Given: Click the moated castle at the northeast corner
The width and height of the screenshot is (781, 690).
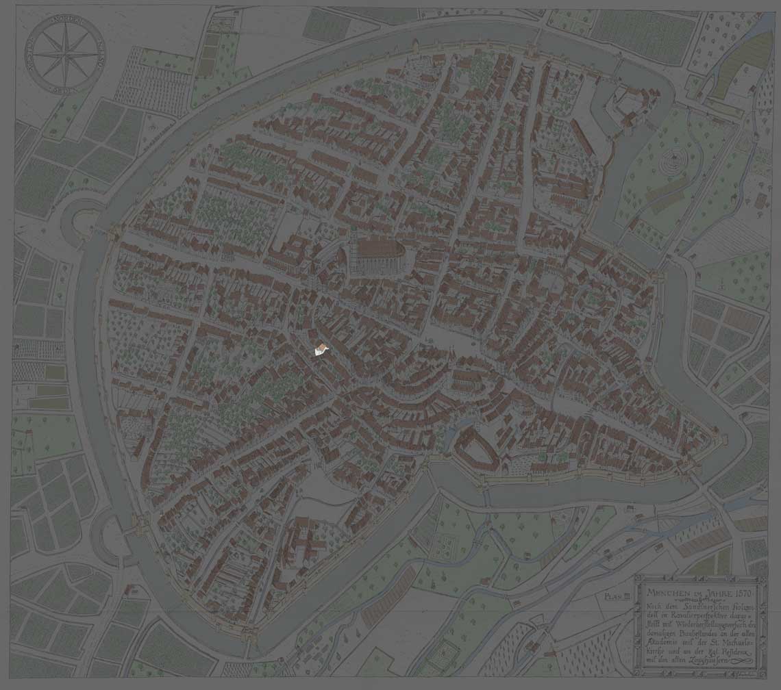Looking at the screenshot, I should coord(627,106).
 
